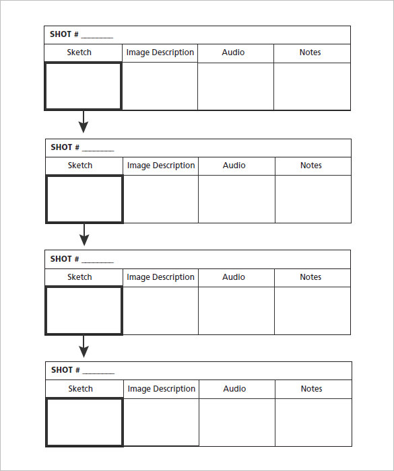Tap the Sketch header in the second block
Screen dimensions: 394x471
click(x=79, y=166)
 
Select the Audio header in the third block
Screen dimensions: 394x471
click(x=234, y=277)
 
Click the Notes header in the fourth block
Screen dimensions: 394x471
click(x=311, y=389)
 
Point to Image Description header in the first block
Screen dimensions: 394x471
click(x=160, y=52)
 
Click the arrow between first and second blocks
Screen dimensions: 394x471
click(x=83, y=122)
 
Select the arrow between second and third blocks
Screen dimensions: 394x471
click(x=84, y=235)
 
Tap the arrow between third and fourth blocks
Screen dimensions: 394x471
click(x=84, y=347)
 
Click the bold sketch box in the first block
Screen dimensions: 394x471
click(x=83, y=86)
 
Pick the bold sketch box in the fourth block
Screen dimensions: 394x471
click(x=84, y=422)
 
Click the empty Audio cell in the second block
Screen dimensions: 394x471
click(x=236, y=199)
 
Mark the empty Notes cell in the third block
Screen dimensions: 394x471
click(x=313, y=311)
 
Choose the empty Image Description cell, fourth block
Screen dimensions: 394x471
click(x=161, y=422)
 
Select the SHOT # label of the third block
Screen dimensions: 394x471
click(x=65, y=259)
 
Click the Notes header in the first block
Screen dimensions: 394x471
click(x=310, y=52)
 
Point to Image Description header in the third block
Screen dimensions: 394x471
click(x=160, y=277)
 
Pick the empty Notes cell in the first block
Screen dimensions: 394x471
click(x=312, y=86)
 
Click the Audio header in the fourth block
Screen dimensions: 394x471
click(x=234, y=389)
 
